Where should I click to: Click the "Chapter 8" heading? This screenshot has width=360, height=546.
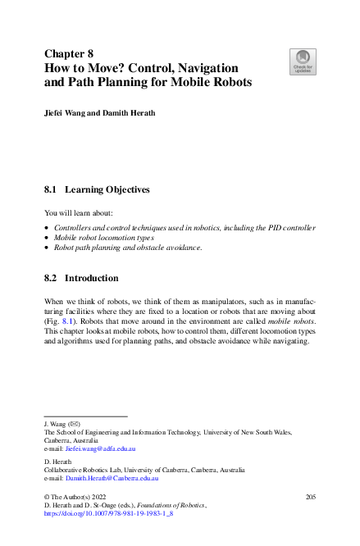[69, 52]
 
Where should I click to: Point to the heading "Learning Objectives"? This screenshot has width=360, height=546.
[109, 189]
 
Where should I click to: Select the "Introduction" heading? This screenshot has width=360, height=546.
[93, 278]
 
